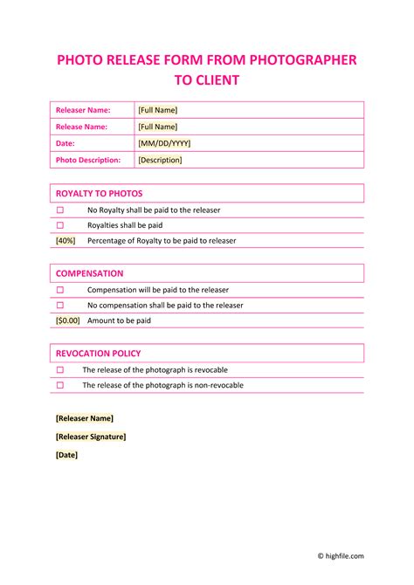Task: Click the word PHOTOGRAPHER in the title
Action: pos(303,60)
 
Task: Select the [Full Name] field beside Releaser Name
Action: pos(157,110)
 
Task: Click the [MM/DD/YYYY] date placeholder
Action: pos(164,143)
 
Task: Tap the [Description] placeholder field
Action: pos(160,160)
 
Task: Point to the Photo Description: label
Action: pos(88,160)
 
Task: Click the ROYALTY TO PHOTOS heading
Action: pos(99,193)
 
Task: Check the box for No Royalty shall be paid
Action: pos(61,210)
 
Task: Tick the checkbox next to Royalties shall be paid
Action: pos(61,225)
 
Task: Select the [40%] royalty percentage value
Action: pos(66,240)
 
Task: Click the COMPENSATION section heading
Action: pos(90,273)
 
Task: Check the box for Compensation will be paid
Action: pos(61,290)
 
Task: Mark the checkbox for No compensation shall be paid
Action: pos(61,306)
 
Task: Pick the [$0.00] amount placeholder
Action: pos(68,320)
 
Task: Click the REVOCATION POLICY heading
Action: pos(98,354)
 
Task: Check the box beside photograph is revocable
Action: pos(61,370)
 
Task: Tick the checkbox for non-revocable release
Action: pos(61,385)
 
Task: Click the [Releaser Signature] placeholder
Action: pos(91,437)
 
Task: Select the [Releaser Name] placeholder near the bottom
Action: pos(84,418)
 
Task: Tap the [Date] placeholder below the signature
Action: pos(66,455)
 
